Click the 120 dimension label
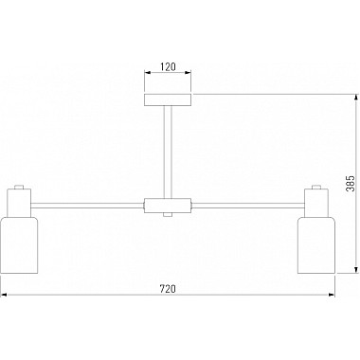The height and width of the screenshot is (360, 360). (168, 66)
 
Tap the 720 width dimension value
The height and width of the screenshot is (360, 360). (168, 289)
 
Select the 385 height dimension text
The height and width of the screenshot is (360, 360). (351, 184)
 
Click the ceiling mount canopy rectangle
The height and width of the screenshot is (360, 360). (168, 99)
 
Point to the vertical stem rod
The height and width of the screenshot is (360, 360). (168, 152)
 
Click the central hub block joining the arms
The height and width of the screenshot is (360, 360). (168, 206)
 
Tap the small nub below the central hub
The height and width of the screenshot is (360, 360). (168, 215)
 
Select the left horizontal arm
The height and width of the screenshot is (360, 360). (87, 206)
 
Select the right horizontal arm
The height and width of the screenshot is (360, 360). (248, 206)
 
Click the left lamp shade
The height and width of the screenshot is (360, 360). (19, 245)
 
